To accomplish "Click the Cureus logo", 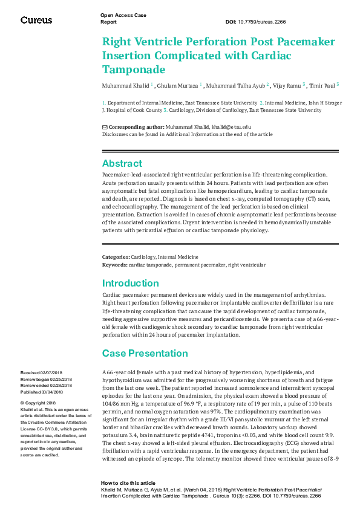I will (x=36, y=20).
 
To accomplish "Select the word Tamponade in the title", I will (x=134, y=69).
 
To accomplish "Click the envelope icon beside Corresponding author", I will (x=105, y=127).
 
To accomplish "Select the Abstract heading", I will (x=122, y=163).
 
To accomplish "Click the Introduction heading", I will (x=130, y=283).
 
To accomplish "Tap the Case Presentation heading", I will (x=145, y=353).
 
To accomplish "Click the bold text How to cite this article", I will (x=128, y=484).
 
